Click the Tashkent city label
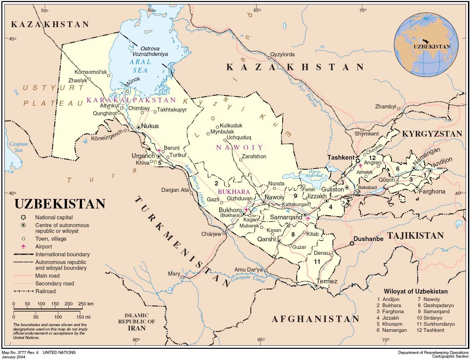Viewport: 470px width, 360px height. pyautogui.click(x=341, y=157)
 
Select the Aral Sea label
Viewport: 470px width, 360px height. pyautogui.click(x=140, y=66)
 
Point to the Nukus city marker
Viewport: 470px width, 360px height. pyautogui.click(x=139, y=127)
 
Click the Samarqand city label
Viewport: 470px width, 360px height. pyautogui.click(x=286, y=217)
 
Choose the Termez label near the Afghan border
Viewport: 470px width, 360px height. pyautogui.click(x=327, y=281)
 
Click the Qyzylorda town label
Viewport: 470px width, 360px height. pyautogui.click(x=282, y=54)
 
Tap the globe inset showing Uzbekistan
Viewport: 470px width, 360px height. pyautogui.click(x=426, y=44)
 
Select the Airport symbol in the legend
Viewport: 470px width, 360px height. pyautogui.click(x=23, y=246)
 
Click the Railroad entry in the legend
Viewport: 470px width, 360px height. pyautogui.click(x=45, y=291)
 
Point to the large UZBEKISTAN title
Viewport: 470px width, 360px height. pyautogui.click(x=60, y=204)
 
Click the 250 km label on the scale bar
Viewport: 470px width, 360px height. pyautogui.click(x=86, y=304)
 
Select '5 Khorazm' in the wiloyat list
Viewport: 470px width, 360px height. pyautogui.click(x=390, y=324)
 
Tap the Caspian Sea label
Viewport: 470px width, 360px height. pyautogui.click(x=18, y=147)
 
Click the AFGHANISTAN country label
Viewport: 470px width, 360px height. pyautogui.click(x=315, y=319)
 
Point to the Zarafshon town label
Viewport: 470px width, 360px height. pyautogui.click(x=254, y=156)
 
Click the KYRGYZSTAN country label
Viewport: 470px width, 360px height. pyautogui.click(x=432, y=134)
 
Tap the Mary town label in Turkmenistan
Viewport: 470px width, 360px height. pyautogui.click(x=174, y=274)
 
